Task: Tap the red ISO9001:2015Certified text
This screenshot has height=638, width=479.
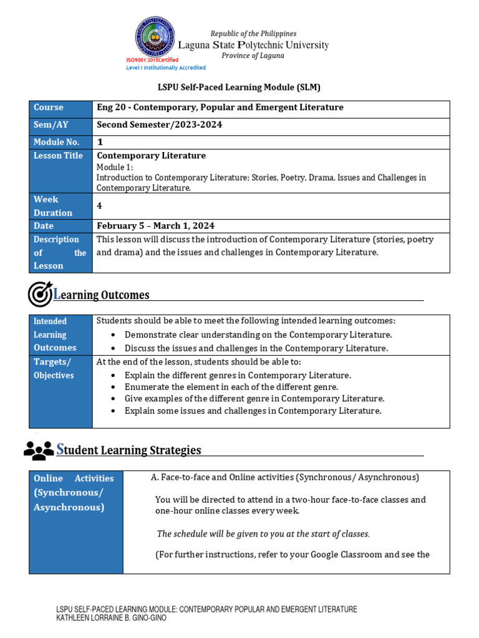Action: point(152,60)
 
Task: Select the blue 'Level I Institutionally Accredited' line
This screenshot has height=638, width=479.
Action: point(166,67)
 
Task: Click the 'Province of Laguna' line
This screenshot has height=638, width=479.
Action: point(253,55)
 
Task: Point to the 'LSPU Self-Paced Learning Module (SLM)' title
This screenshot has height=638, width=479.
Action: point(239,87)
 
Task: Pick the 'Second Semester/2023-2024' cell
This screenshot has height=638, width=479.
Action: point(160,125)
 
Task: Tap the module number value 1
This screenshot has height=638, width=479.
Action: point(100,142)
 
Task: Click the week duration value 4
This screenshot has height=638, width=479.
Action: point(100,206)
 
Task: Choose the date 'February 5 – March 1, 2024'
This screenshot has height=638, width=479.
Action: point(156,226)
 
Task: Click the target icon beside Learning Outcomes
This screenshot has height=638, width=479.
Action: point(40,294)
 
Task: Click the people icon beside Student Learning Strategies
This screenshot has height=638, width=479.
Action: point(39,450)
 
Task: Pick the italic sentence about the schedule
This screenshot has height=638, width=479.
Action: point(263,534)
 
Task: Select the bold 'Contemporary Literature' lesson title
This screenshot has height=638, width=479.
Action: point(152,156)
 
